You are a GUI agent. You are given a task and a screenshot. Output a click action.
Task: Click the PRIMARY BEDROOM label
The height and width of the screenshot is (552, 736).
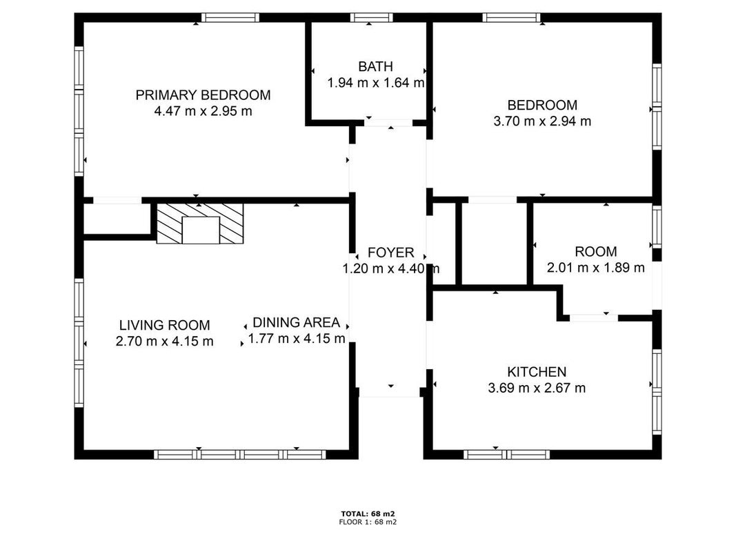(x=203, y=95)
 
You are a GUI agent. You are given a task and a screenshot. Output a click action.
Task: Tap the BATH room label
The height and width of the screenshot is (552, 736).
(x=375, y=67)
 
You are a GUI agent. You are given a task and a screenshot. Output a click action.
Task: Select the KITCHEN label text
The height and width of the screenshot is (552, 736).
(x=537, y=372)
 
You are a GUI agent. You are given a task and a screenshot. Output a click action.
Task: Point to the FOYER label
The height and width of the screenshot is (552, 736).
(x=390, y=253)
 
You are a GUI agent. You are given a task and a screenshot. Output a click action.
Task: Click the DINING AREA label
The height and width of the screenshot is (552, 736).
(x=296, y=322)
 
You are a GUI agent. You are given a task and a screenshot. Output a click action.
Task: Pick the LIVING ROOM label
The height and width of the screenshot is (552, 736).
(x=164, y=325)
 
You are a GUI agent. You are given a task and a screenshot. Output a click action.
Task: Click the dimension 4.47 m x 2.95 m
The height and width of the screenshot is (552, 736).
(x=203, y=111)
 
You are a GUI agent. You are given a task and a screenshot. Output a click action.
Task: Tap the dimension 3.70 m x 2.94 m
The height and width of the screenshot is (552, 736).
(x=542, y=121)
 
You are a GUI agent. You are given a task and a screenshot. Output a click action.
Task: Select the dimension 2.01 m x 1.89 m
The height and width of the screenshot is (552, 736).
(x=596, y=268)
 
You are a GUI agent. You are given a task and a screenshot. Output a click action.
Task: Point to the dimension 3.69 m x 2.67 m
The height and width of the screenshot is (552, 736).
(x=537, y=388)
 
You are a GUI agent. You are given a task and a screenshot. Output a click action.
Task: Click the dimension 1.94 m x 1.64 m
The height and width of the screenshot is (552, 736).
(x=375, y=83)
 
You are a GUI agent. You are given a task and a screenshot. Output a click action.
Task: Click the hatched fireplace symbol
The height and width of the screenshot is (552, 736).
(x=200, y=224)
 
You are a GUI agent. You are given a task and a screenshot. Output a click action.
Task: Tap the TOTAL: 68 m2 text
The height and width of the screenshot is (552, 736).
(x=368, y=513)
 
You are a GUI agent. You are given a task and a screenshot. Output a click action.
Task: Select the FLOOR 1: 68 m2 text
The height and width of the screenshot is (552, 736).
(x=368, y=522)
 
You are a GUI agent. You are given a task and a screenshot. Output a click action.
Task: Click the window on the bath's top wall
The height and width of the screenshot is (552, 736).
(x=371, y=18)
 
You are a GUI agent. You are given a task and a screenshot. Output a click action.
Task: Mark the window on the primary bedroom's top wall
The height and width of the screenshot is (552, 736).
(x=230, y=18)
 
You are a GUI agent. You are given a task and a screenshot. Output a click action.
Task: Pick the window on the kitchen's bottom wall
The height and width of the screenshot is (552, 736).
(x=506, y=455)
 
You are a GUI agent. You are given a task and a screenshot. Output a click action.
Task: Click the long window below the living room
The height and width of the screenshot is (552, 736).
(x=240, y=455)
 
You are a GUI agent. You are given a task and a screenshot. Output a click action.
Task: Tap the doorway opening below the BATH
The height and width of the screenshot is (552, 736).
(x=388, y=123)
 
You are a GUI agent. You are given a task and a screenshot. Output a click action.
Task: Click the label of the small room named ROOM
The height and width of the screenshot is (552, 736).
(x=596, y=252)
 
